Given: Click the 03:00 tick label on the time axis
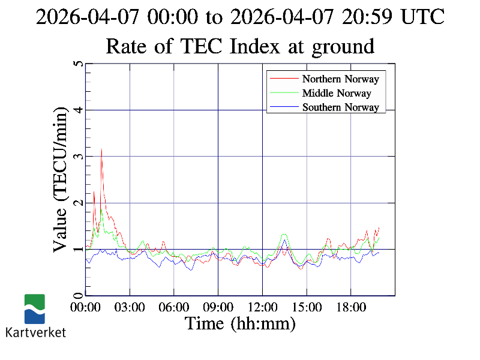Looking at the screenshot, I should [130, 307].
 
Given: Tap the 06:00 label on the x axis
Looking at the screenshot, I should [174, 307].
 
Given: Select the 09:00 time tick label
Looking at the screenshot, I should [218, 307].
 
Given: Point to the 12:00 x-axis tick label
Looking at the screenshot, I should [262, 307].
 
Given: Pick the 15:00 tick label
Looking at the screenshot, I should [307, 307].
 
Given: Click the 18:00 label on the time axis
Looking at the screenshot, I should [350, 307].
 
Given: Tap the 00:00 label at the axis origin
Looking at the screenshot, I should [86, 307].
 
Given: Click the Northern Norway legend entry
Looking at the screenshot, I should [340, 79].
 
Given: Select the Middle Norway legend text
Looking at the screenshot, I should [337, 93].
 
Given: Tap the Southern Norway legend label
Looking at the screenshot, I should [340, 107].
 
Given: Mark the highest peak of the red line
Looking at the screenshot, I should [101, 149].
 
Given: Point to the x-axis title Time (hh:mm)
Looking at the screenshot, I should [240, 323].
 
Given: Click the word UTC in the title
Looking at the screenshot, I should [423, 17].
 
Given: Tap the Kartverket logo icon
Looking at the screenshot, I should [34, 309].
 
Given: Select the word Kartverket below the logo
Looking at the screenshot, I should [35, 332].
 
